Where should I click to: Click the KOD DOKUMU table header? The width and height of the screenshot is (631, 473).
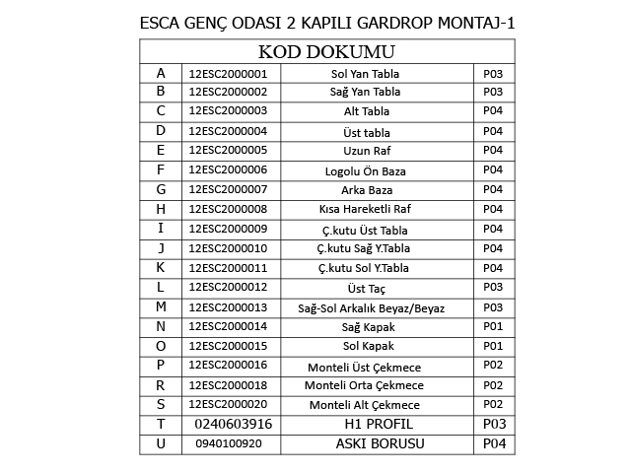click(326, 52)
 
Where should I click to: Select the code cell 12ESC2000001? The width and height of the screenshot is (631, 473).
click(228, 74)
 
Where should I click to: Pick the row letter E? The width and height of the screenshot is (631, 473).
click(161, 151)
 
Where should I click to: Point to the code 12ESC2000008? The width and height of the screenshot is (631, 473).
click(228, 209)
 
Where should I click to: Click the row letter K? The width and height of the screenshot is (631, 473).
click(161, 268)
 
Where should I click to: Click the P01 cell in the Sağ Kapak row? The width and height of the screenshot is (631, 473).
click(493, 326)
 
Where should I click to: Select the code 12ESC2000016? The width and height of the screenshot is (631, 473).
click(228, 366)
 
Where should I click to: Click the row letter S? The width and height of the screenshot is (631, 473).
click(161, 404)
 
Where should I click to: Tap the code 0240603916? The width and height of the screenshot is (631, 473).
click(233, 424)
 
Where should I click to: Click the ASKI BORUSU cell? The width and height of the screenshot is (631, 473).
click(380, 443)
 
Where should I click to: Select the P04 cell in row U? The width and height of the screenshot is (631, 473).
click(493, 443)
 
